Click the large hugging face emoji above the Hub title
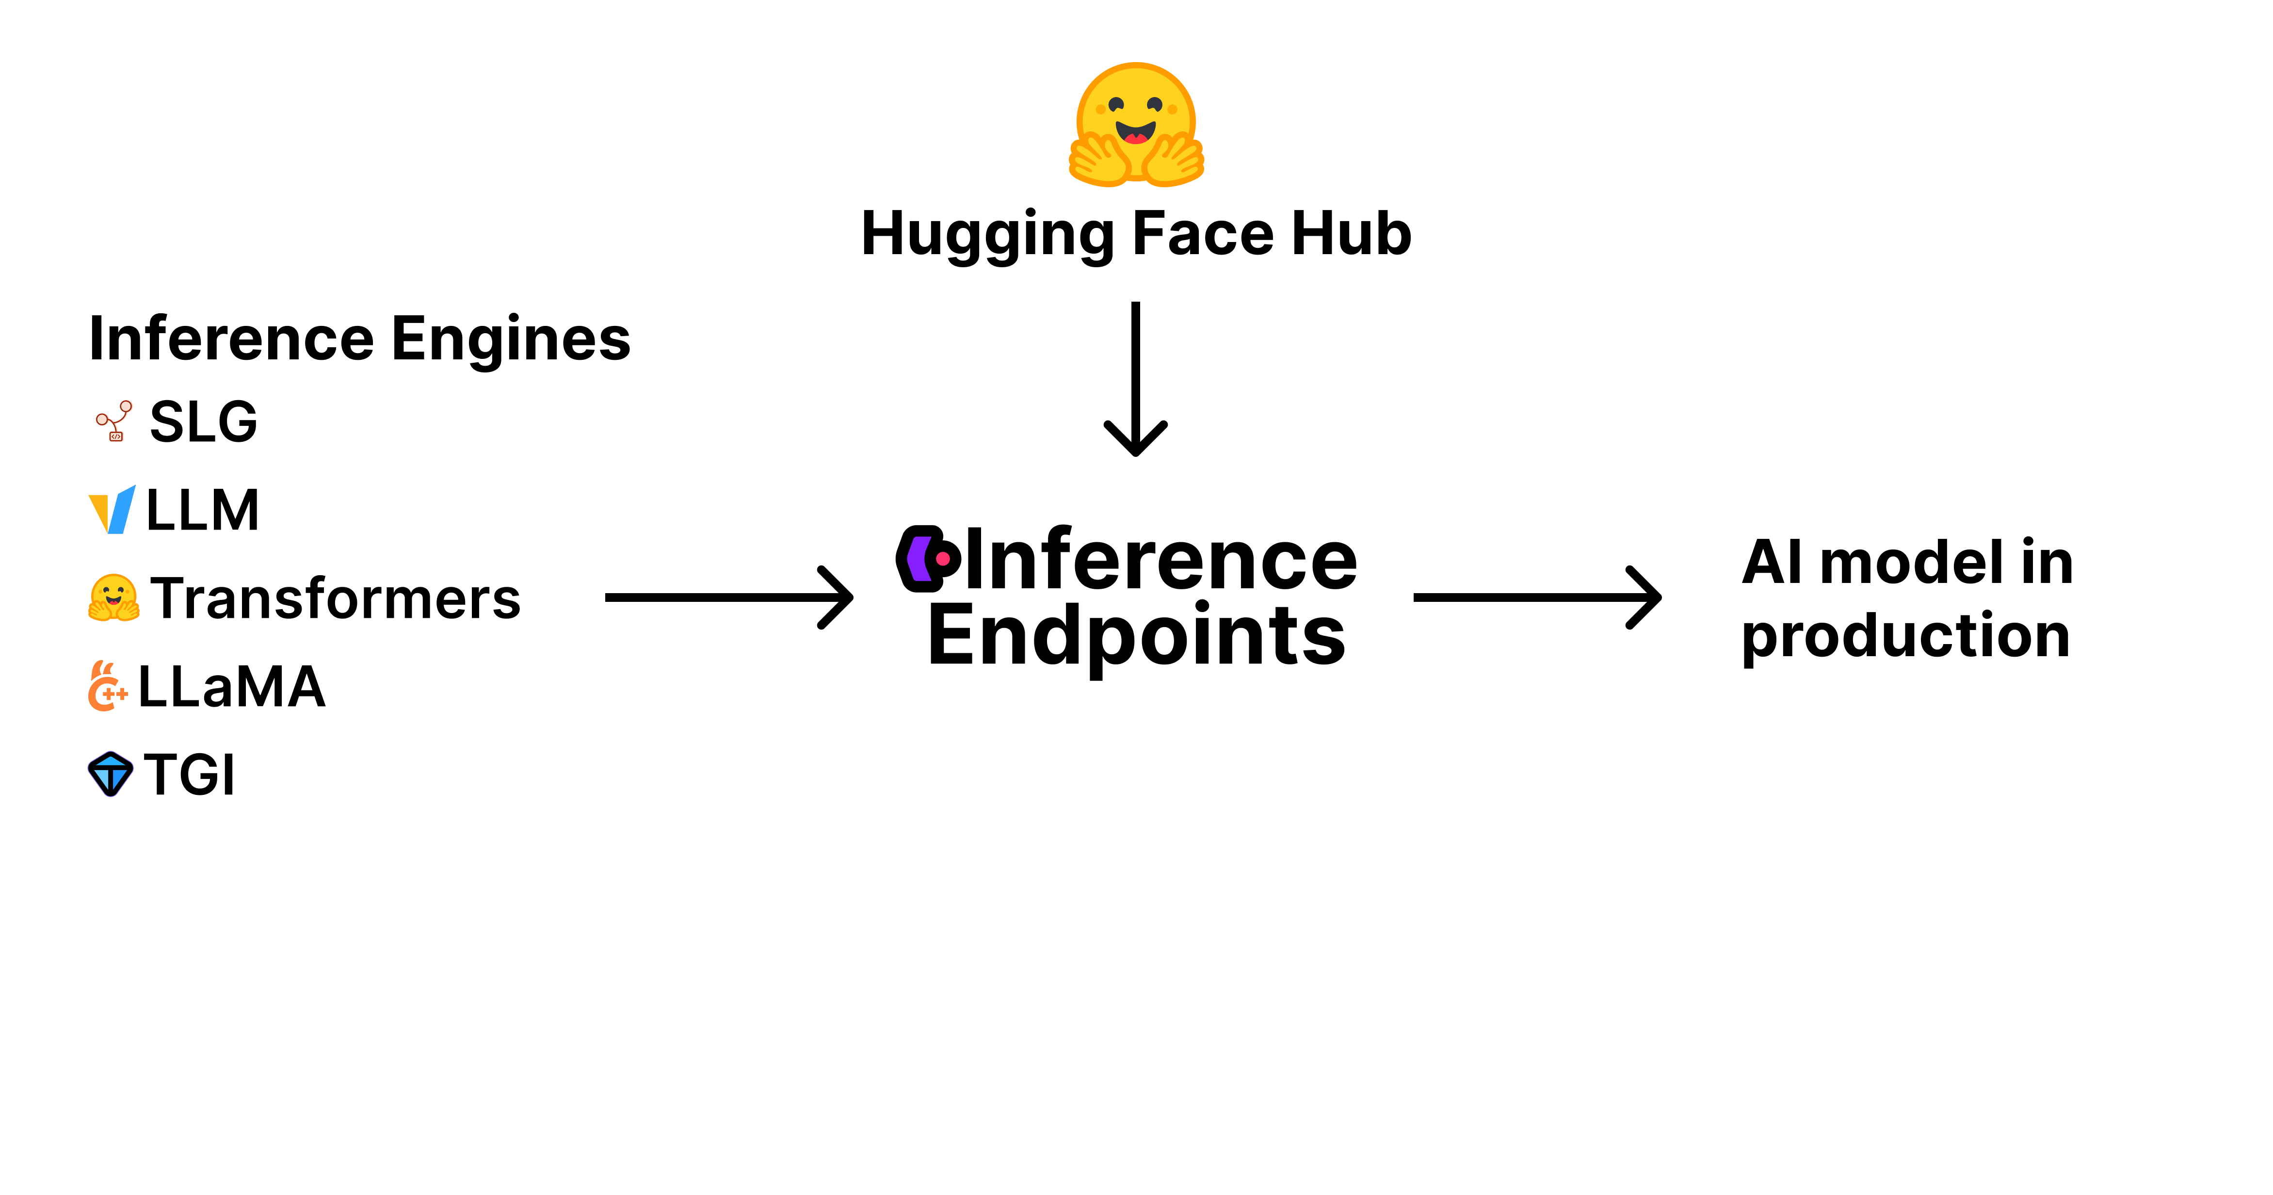(1136, 125)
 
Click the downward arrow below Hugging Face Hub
(1136, 380)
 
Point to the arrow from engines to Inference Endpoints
(728, 597)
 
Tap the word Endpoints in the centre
(1137, 635)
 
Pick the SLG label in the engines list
(203, 422)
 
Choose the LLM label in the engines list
(202, 510)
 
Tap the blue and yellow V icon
(112, 510)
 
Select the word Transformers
(335, 598)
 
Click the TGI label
(190, 775)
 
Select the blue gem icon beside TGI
(110, 774)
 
